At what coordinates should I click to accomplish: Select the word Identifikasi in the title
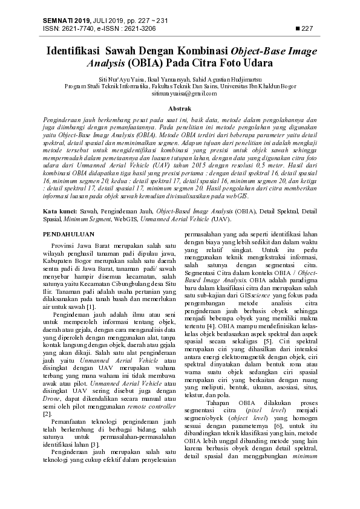click(74, 51)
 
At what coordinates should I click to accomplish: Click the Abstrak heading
click(180, 107)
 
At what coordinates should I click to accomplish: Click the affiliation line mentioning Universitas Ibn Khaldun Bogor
click(180, 86)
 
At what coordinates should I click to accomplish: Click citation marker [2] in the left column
click(47, 413)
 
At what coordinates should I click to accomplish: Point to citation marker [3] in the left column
click(94, 444)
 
